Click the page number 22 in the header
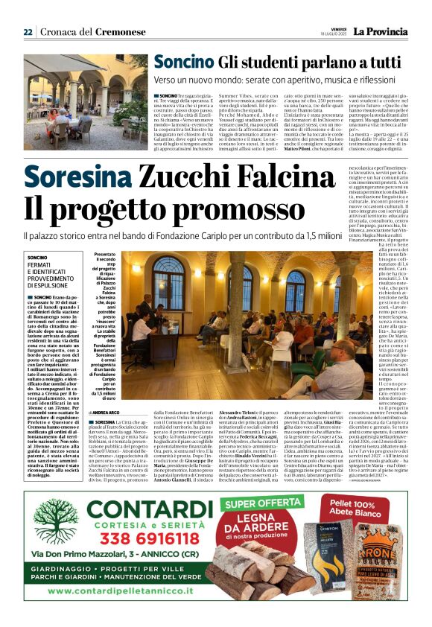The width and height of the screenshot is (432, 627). coord(28,32)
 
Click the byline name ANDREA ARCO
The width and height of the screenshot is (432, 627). coord(109,412)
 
